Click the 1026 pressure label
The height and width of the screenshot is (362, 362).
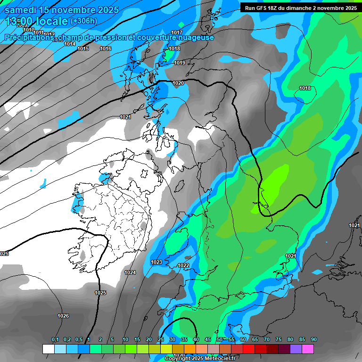click(63, 316)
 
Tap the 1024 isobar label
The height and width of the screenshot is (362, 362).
click(130, 273)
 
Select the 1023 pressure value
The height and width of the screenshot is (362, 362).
click(156, 262)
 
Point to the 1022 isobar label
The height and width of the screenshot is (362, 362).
click(183, 266)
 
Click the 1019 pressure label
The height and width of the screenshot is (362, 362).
click(180, 63)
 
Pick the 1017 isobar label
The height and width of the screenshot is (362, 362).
click(177, 33)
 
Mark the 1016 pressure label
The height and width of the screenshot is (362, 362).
click(106, 49)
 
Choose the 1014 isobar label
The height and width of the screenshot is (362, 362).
click(70, 44)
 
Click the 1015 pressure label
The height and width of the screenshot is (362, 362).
click(83, 49)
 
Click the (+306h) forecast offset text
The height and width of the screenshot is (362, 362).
click(83, 21)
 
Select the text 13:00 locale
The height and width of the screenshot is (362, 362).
click(37, 21)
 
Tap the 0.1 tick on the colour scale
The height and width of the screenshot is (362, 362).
click(55, 340)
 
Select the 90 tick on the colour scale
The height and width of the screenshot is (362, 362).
click(314, 340)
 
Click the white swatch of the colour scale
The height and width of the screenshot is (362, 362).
click(48, 349)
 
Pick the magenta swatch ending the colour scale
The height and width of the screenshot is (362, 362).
click(308, 349)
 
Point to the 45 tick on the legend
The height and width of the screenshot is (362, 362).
click(208, 340)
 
